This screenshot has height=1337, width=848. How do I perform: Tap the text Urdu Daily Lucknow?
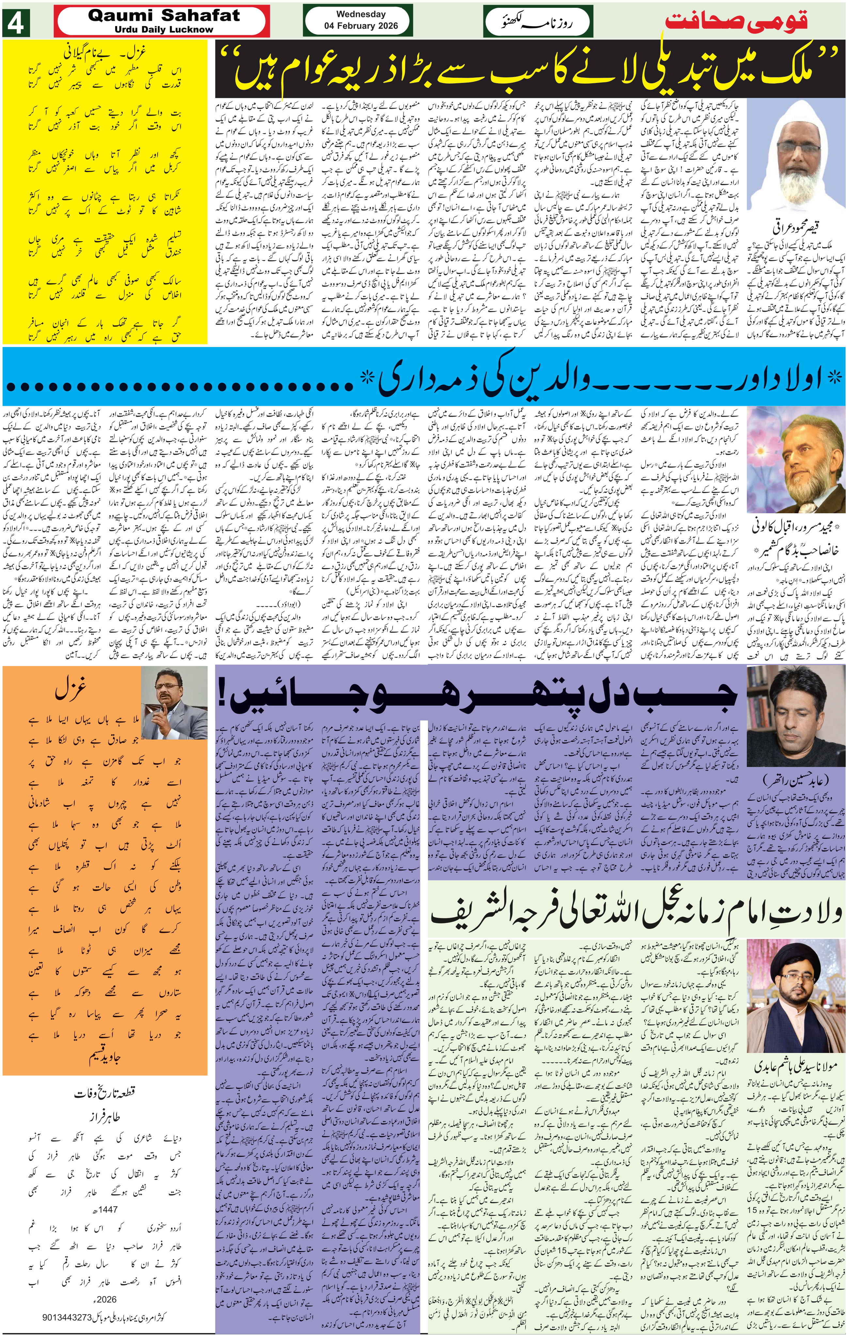(x=164, y=29)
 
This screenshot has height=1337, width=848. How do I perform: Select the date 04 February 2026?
(x=361, y=25)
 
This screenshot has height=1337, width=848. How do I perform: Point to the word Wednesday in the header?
(x=361, y=14)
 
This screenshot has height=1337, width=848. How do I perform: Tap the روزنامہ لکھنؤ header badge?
(x=537, y=22)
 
